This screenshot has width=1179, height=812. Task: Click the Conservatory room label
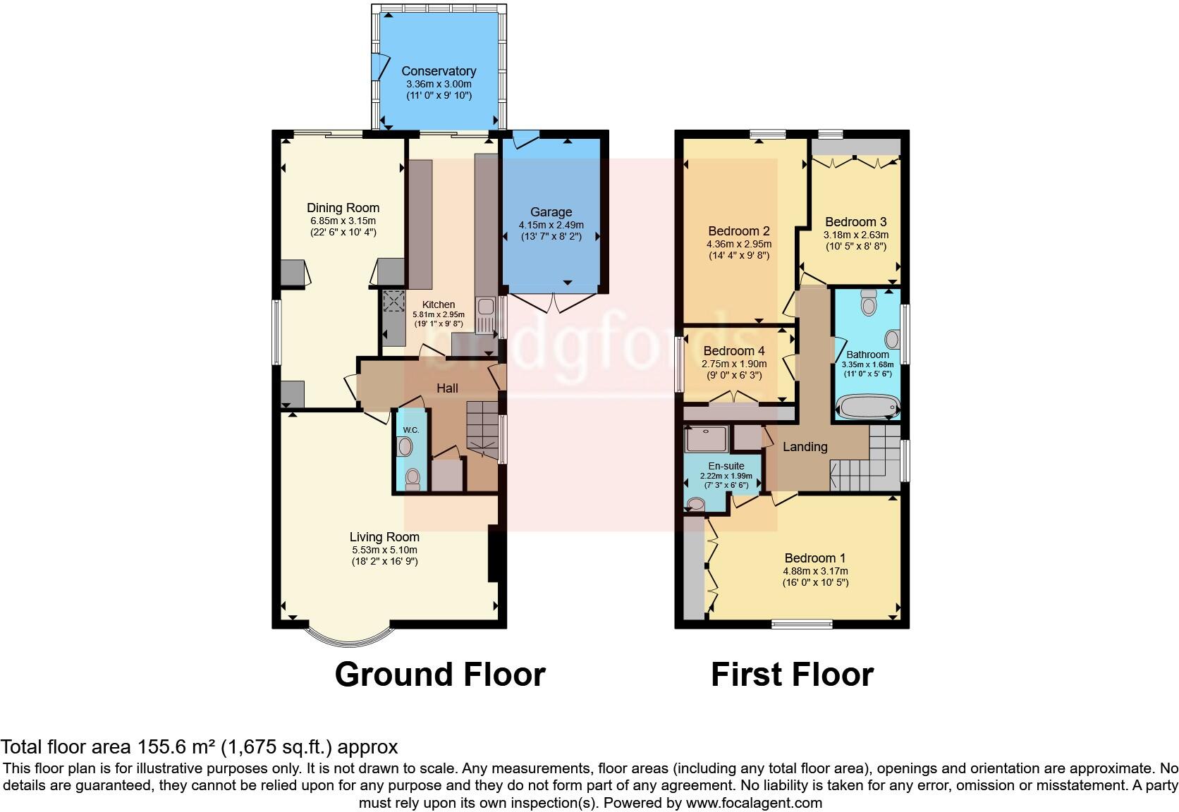(x=439, y=71)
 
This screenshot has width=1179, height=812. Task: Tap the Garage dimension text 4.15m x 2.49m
(x=551, y=226)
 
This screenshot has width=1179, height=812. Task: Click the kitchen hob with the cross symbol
(x=391, y=302)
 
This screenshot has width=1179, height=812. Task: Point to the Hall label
(x=447, y=388)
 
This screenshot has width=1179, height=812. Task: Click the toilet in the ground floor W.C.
(x=413, y=479)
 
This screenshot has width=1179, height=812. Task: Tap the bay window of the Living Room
(x=349, y=636)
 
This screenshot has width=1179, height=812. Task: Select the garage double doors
(x=555, y=303)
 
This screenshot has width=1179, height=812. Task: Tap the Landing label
(x=805, y=447)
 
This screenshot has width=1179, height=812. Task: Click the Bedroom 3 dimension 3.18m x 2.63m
(x=856, y=235)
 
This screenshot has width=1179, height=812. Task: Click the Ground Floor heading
(x=439, y=675)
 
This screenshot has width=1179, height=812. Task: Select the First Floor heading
(x=792, y=675)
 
